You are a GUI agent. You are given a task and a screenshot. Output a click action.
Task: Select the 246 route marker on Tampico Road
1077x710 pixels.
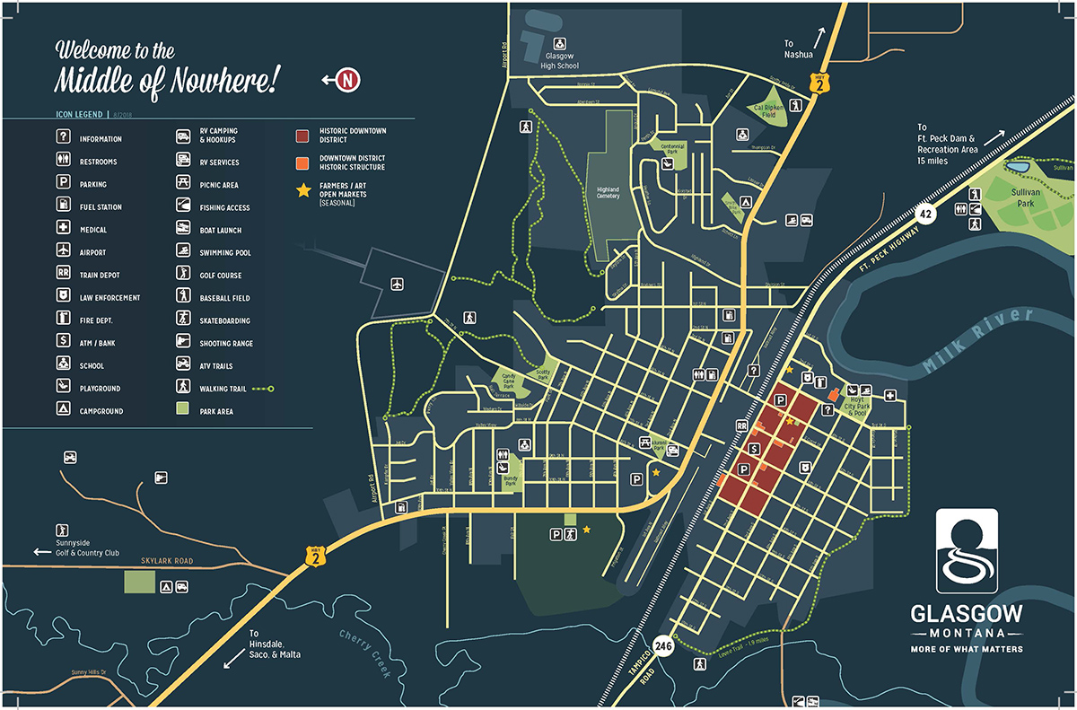tap(663, 645)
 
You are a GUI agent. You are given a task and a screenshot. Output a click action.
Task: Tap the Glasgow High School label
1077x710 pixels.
tap(559, 61)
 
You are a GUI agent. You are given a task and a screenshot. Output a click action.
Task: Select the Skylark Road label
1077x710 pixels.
tap(167, 561)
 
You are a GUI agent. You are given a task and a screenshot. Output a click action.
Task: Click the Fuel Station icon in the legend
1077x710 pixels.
tap(64, 206)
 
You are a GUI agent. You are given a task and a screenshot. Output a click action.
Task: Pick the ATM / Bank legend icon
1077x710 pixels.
tap(64, 342)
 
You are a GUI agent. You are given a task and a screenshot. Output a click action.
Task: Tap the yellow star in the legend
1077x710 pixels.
tap(303, 189)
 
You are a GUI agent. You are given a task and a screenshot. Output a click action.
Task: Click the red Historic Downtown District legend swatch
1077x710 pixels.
tap(303, 136)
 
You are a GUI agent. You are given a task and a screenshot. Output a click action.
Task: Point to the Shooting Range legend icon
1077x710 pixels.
tap(183, 342)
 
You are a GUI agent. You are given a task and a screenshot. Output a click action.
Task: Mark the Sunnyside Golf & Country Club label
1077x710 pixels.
tap(86, 548)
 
